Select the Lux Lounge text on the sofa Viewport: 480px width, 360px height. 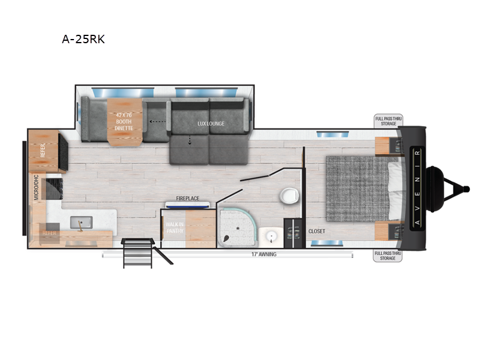click(x=211, y=124)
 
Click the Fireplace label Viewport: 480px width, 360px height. click(x=187, y=198)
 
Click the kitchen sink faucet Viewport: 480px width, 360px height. click(x=79, y=225)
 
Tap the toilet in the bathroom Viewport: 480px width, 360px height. click(x=290, y=196)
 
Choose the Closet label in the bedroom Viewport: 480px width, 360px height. click(x=316, y=231)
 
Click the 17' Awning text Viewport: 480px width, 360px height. click(x=263, y=254)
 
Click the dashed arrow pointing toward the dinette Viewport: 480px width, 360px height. click(x=158, y=121)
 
